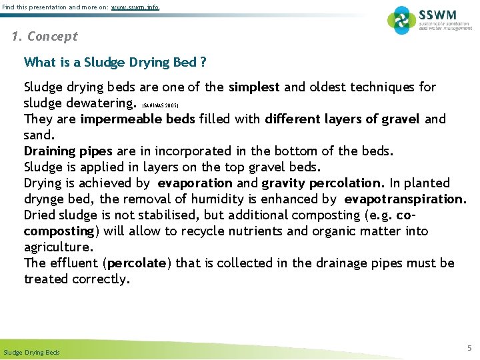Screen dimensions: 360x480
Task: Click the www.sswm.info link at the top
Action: (135, 7)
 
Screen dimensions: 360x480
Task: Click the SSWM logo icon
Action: (402, 21)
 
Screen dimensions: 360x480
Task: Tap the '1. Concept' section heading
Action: (45, 37)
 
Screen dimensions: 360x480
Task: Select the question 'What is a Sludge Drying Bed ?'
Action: (115, 63)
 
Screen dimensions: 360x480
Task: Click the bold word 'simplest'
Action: (253, 87)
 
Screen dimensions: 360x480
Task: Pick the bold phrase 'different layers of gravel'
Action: (342, 119)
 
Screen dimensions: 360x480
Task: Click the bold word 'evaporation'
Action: (195, 183)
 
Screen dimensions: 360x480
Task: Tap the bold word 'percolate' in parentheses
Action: (137, 263)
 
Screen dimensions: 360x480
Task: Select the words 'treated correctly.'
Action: (77, 279)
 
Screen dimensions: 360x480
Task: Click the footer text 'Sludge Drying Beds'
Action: (31, 352)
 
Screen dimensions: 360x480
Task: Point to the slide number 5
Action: (469, 348)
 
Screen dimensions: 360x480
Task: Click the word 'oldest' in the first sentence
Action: (317, 87)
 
